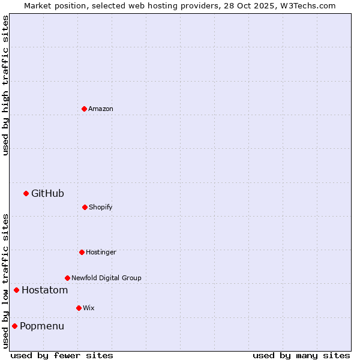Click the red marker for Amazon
[84, 109]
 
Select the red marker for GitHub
[26, 193]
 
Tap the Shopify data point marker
[85, 207]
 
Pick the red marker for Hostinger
[82, 252]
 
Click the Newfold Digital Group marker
[67, 278]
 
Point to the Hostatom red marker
[16, 290]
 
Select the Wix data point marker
[79, 308]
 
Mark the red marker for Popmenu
[14, 326]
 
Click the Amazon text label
[101, 109]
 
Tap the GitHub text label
[47, 193]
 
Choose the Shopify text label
[101, 207]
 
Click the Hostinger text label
[101, 252]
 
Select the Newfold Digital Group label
[106, 278]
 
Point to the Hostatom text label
[44, 290]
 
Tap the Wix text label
[89, 308]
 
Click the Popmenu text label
[42, 326]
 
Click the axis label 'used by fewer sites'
[62, 355]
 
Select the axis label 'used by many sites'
[301, 355]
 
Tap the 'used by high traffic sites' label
[5, 85]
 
